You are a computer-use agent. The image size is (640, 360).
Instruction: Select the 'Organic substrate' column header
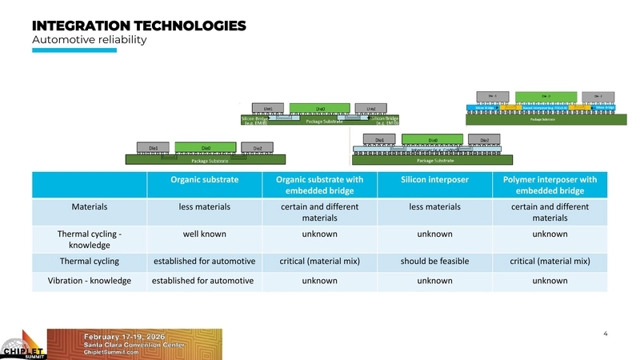(x=203, y=179)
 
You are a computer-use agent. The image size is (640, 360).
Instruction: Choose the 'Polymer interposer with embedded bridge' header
(x=549, y=185)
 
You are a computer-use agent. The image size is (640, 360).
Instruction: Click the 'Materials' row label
(x=89, y=207)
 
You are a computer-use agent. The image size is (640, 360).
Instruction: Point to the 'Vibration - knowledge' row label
(x=89, y=281)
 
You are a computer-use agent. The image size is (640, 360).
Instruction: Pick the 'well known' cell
(x=203, y=234)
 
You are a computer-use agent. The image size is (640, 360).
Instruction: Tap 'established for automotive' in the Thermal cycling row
(x=203, y=261)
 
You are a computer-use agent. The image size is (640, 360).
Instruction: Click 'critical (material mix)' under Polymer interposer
(x=549, y=261)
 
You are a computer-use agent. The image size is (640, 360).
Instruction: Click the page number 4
(x=605, y=333)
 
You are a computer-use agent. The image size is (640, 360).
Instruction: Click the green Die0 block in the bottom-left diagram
(x=206, y=147)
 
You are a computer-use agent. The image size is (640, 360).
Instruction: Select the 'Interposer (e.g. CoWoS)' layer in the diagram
(x=433, y=149)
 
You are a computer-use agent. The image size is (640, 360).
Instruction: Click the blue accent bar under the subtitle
(x=74, y=50)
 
